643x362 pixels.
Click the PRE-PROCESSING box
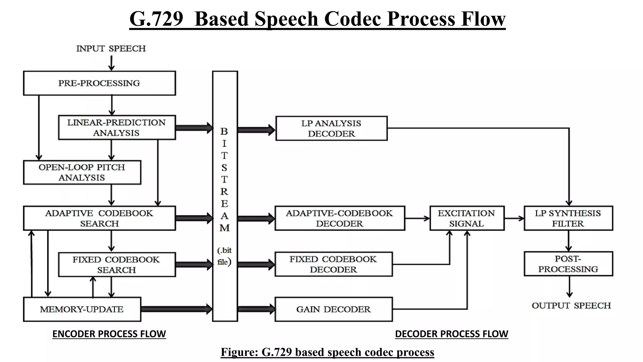click(x=99, y=83)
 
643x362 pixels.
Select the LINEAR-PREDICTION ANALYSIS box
click(x=116, y=128)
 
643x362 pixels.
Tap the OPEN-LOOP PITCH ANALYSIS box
click(x=82, y=173)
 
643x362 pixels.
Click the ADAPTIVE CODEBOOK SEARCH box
click(x=99, y=218)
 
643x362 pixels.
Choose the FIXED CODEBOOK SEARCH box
click(x=116, y=265)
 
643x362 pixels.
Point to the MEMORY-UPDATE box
click(x=82, y=309)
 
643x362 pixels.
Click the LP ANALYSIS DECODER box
click(x=331, y=129)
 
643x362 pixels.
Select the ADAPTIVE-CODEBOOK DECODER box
click(x=339, y=218)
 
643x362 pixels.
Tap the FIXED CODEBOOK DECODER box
click(x=333, y=264)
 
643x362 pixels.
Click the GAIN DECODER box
click(x=333, y=309)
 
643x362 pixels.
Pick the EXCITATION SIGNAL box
click(x=467, y=218)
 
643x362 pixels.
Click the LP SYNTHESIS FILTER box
click(x=568, y=218)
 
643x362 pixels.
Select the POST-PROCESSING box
click(x=568, y=264)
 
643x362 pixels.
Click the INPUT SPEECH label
click(x=111, y=49)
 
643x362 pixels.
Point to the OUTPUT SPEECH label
click(x=571, y=306)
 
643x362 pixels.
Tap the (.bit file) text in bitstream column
click(x=224, y=256)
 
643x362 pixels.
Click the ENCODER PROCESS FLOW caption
click(x=109, y=334)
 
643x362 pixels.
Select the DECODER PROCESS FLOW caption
click(x=451, y=334)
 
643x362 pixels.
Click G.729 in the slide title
click(x=156, y=19)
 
